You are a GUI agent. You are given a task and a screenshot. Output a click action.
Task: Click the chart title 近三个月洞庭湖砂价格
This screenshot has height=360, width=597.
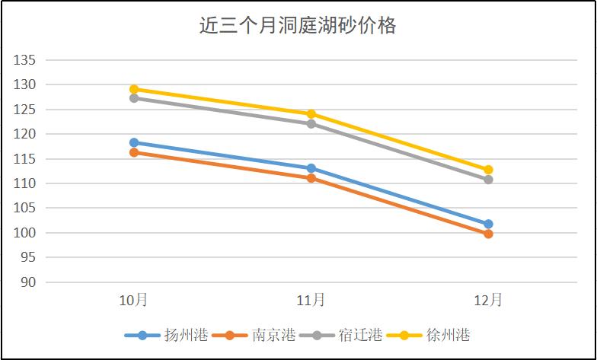[298, 27]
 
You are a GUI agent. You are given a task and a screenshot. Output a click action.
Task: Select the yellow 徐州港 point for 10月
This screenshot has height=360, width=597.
[134, 89]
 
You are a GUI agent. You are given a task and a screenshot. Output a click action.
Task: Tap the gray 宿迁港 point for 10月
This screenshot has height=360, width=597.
[134, 98]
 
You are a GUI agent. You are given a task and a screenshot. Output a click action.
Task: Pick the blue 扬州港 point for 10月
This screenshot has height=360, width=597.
[134, 142]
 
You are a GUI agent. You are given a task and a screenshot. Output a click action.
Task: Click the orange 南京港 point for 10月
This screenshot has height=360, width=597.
[134, 152]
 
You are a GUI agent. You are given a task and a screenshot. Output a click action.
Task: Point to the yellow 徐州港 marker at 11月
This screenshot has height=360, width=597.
[311, 114]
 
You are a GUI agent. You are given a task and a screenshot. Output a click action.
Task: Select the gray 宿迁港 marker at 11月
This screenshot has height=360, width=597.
[311, 123]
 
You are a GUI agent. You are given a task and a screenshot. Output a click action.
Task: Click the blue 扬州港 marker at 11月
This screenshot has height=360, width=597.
[311, 168]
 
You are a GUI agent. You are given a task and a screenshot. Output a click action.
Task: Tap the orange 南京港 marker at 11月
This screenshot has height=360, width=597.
[311, 178]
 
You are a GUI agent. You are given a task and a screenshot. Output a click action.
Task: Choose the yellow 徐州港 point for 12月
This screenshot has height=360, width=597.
[488, 170]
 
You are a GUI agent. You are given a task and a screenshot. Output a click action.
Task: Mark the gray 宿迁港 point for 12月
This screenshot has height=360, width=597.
[488, 180]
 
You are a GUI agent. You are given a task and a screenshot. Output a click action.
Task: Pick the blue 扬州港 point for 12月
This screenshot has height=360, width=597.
[488, 224]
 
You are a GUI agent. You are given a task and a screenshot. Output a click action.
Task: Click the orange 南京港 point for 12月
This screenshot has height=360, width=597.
[488, 234]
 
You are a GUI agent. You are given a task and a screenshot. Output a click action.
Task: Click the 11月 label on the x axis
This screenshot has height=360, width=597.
[311, 300]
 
